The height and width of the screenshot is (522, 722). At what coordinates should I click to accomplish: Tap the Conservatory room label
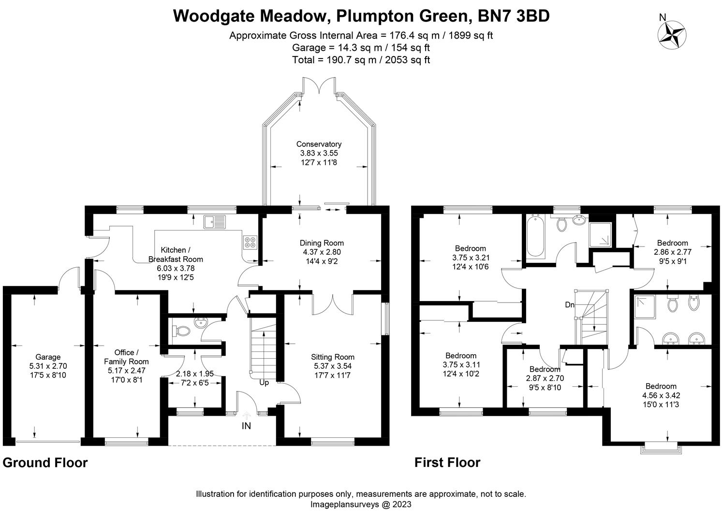[x=319, y=144]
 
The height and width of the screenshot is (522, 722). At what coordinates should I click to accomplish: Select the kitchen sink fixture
[x=214, y=222]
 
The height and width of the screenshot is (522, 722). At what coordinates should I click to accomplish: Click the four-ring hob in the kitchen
[x=250, y=242]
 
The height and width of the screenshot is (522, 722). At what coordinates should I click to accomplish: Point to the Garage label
[x=47, y=358]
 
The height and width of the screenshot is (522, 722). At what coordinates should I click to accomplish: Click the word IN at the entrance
[x=247, y=426]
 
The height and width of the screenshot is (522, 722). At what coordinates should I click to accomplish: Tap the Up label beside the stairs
[x=264, y=383]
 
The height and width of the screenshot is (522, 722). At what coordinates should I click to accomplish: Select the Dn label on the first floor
[x=570, y=305]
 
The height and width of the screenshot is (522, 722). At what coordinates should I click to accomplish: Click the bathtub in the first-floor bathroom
[x=535, y=237]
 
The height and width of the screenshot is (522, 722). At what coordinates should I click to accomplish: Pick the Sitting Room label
[x=333, y=357]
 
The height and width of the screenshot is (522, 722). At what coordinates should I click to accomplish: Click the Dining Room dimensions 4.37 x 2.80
[x=322, y=252]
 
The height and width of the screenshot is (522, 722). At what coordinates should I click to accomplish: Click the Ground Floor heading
[x=45, y=463]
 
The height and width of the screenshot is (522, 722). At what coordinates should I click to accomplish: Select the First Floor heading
[x=447, y=463]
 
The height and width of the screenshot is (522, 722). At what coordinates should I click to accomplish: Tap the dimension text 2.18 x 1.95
[x=194, y=374]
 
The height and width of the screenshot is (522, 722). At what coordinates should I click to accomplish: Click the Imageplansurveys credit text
[x=360, y=504]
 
